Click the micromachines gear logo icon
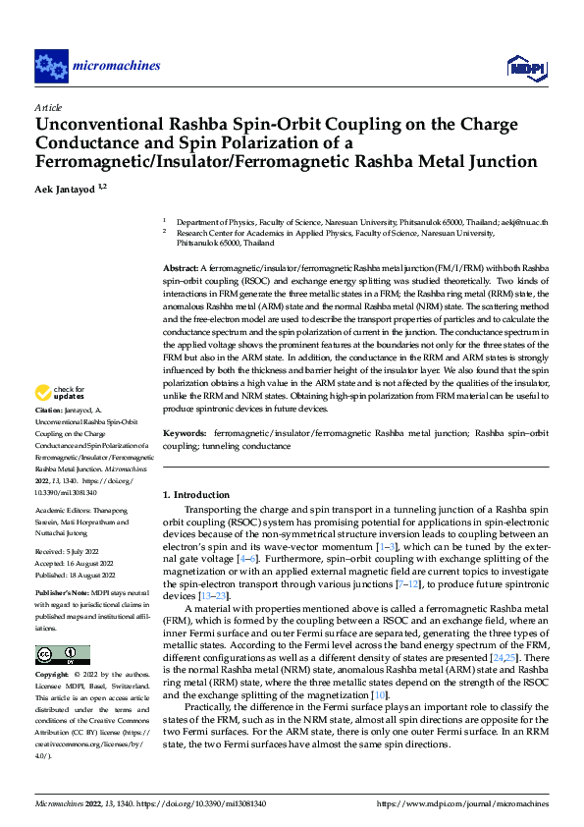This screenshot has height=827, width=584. pos(51,66)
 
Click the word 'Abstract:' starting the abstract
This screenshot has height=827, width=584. pos(181,268)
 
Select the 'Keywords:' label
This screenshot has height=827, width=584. pos(185,432)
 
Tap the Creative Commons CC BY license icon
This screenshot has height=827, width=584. pos(63,655)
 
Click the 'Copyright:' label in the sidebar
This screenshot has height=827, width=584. pos(53,677)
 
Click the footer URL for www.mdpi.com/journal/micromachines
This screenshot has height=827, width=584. pos(463,803)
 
